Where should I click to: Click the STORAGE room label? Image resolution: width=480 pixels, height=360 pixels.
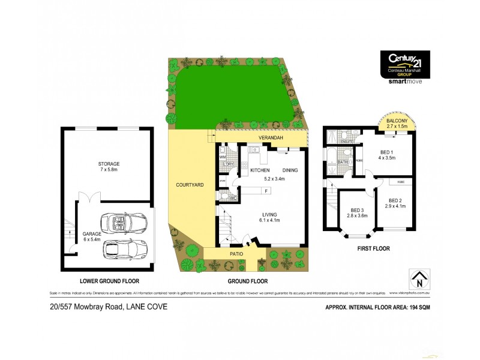(x=110, y=163)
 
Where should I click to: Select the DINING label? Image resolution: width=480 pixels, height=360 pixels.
(x=290, y=170)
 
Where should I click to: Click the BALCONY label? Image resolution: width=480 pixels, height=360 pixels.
(x=397, y=121)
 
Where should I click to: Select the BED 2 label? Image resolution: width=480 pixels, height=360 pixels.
(x=395, y=200)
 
